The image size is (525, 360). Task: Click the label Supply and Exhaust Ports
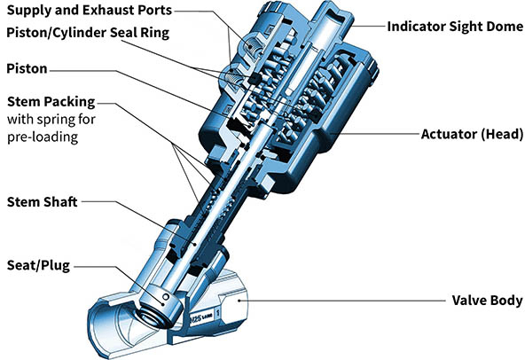89,10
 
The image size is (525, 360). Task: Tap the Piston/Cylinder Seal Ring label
88,33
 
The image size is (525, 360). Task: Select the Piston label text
27,68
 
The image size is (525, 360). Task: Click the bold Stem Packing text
51,102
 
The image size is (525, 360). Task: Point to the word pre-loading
43,137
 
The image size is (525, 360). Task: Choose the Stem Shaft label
43,202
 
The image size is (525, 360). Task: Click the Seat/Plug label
38,265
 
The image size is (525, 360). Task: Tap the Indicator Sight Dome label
455,27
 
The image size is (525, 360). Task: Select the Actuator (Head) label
472,134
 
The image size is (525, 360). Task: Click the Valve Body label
487,300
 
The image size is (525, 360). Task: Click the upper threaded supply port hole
254,48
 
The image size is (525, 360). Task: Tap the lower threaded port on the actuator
233,80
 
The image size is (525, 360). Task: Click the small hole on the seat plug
166,297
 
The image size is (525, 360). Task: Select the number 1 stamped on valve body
218,314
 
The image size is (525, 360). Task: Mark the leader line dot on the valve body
239,301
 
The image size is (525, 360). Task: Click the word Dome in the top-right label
505,27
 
